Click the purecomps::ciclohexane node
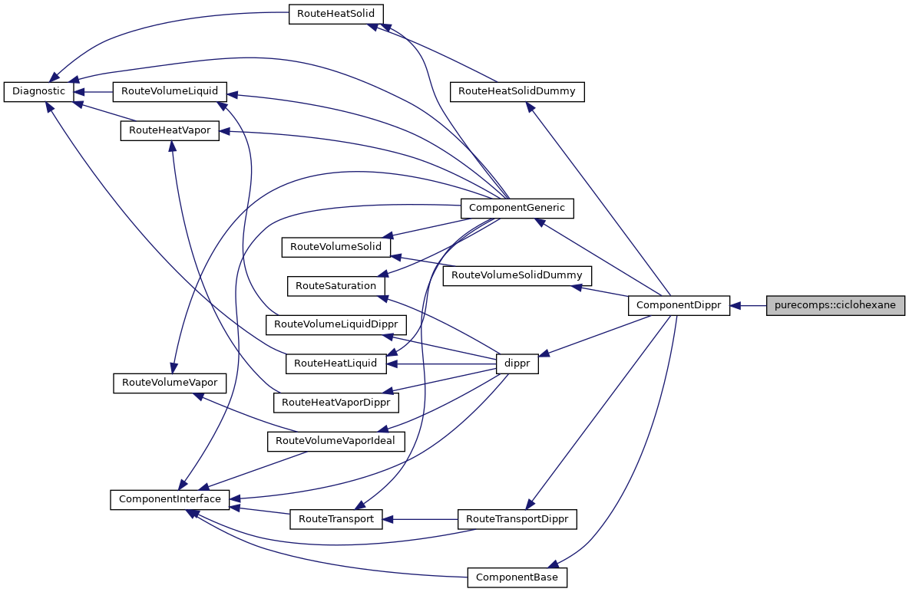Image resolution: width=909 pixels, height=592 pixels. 835,305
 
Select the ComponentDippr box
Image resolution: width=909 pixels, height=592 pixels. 679,305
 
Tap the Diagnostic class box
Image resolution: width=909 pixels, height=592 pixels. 39,91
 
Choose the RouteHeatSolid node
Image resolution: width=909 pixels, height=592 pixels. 336,14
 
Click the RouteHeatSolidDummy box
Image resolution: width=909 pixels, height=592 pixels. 517,91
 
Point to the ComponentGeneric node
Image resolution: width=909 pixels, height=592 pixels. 517,207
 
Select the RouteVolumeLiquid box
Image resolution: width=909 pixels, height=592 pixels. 169,91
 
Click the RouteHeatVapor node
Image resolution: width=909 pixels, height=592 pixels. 169,130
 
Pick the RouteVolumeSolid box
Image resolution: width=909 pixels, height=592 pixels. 336,247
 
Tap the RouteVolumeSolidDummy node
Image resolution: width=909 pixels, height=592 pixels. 517,275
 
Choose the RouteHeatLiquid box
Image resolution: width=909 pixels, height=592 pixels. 336,363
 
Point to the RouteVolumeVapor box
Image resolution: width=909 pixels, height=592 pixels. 169,383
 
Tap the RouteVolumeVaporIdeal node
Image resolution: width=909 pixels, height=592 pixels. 336,441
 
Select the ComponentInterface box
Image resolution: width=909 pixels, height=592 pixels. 169,499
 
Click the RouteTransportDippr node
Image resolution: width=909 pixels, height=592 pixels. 517,519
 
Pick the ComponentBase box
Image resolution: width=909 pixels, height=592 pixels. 517,577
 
